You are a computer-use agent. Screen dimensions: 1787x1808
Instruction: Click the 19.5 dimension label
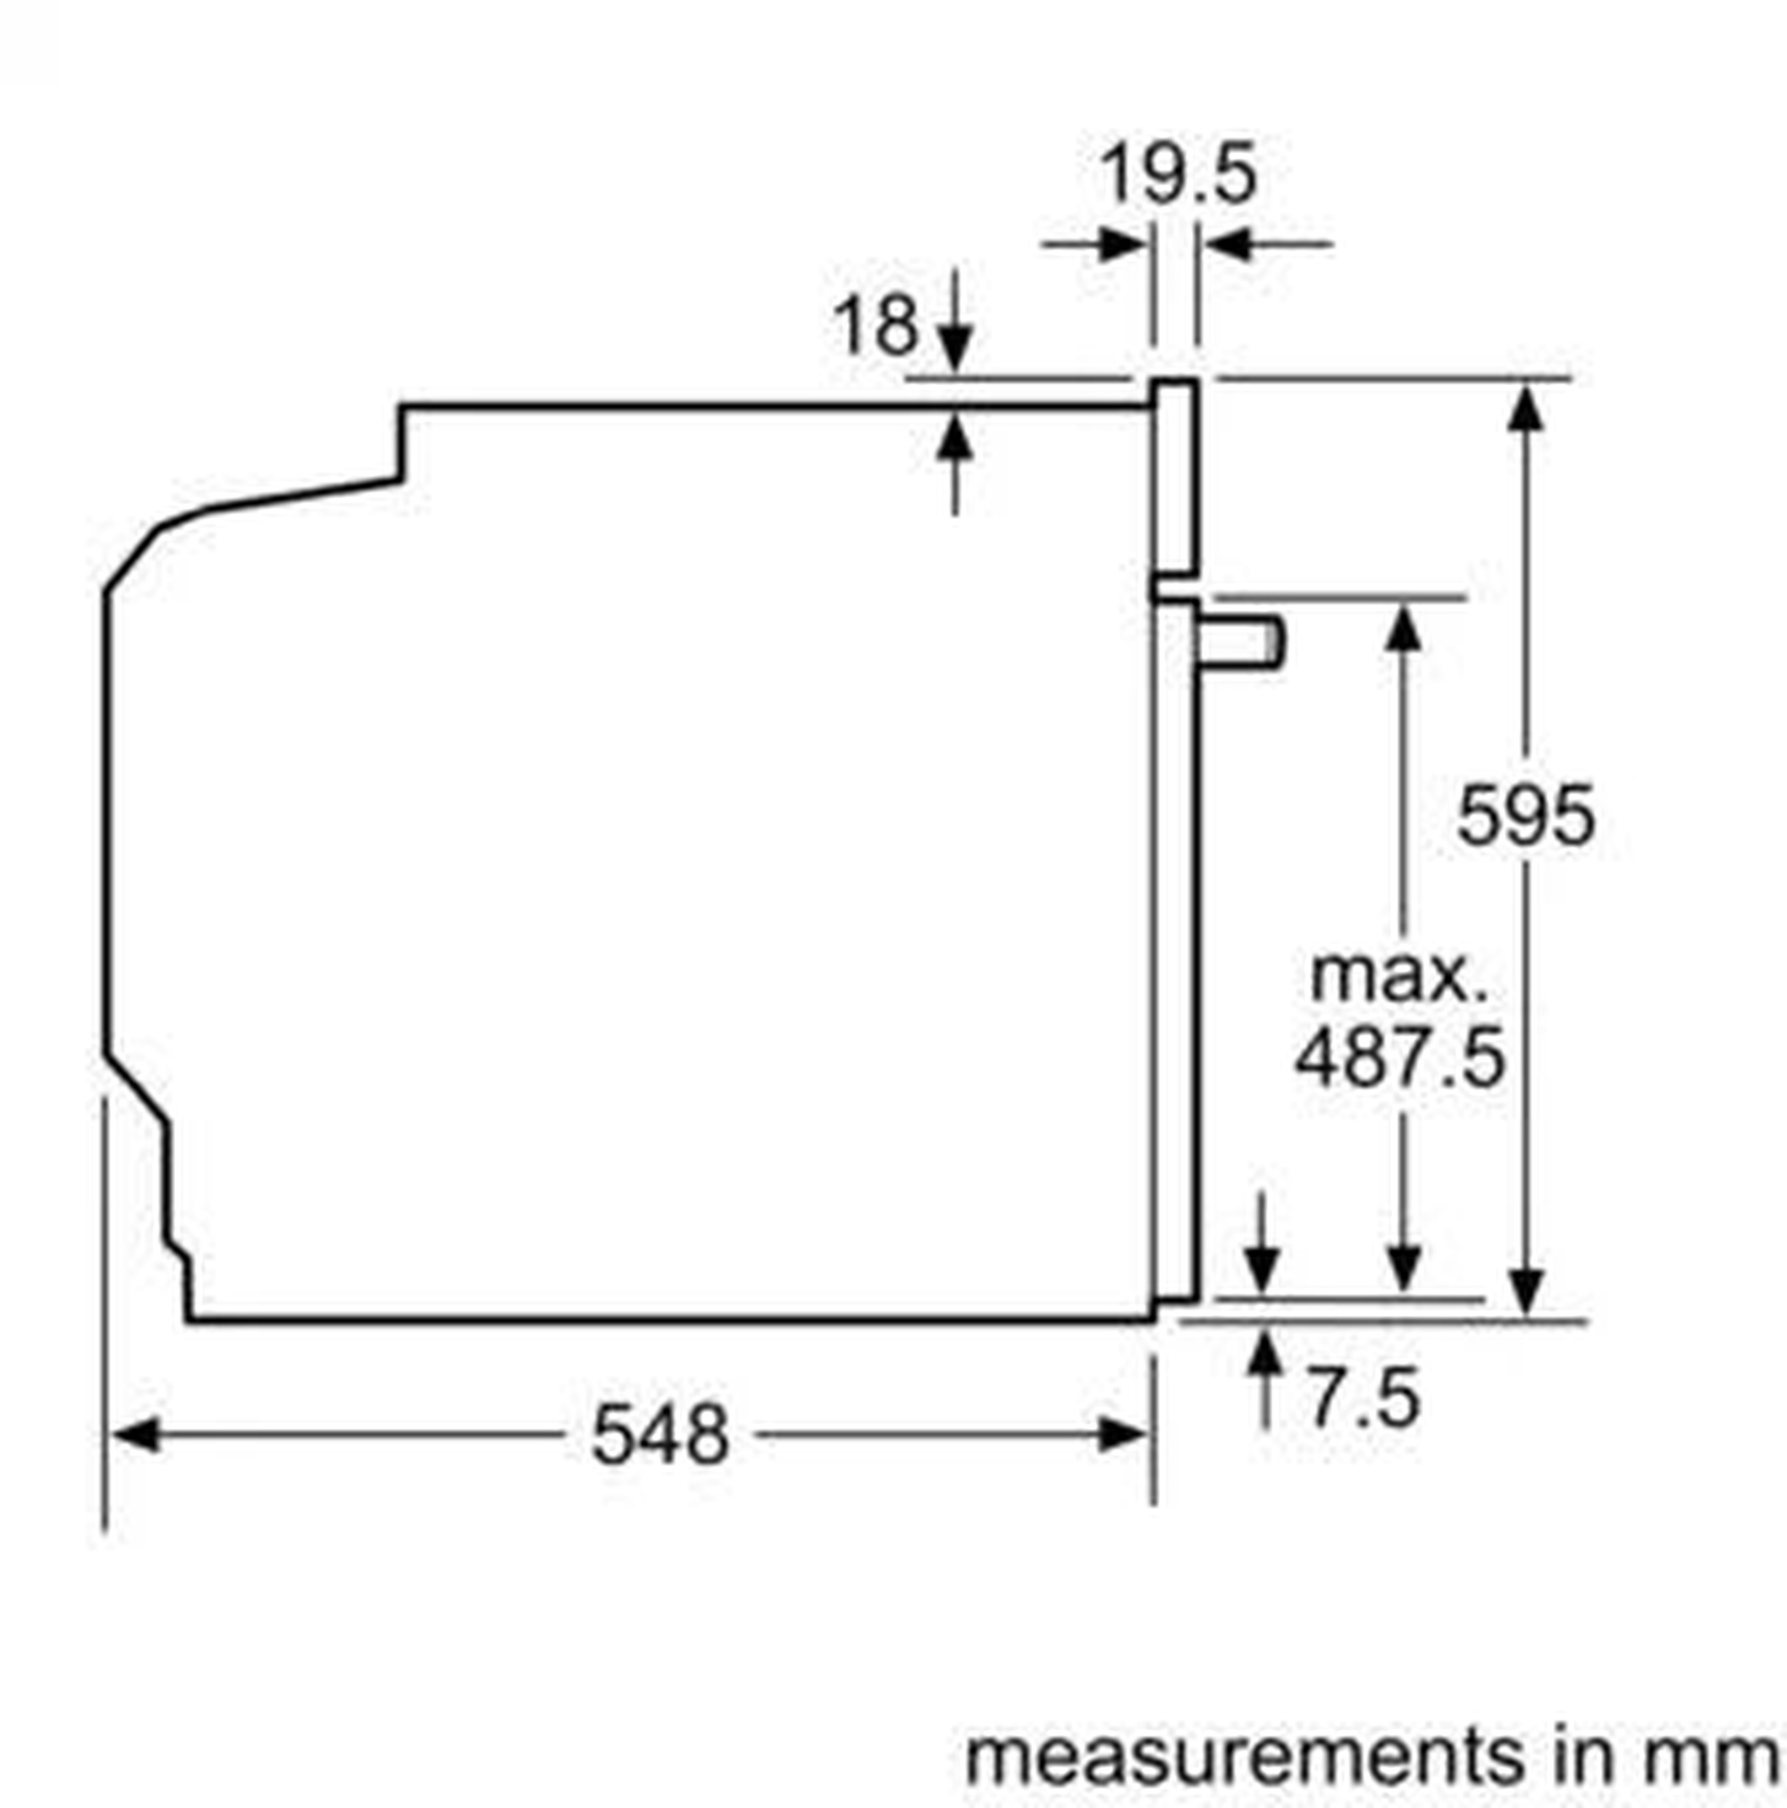1178,174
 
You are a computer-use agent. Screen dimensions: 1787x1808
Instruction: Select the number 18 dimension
877,326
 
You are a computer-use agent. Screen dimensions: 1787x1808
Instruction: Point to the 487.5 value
1400,1058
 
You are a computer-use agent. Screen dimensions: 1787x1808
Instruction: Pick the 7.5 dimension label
1363,1399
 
